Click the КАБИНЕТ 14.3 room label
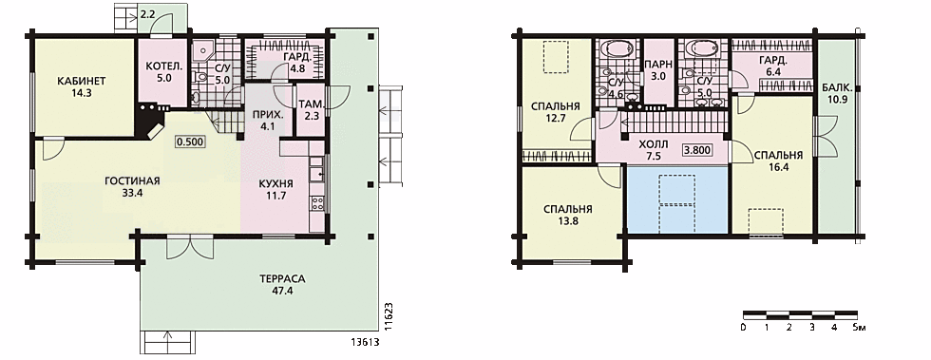82,86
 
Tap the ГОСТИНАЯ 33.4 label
133,186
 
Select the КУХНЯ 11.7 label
276,188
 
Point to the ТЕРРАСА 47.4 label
282,285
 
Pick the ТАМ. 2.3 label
312,111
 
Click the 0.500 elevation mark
190,142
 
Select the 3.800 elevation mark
697,150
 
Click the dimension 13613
366,343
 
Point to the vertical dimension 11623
389,315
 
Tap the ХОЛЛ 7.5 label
654,150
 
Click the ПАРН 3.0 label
657,70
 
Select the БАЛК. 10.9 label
837,93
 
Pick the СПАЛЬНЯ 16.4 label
778,161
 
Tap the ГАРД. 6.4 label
773,66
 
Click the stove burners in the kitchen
317,204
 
